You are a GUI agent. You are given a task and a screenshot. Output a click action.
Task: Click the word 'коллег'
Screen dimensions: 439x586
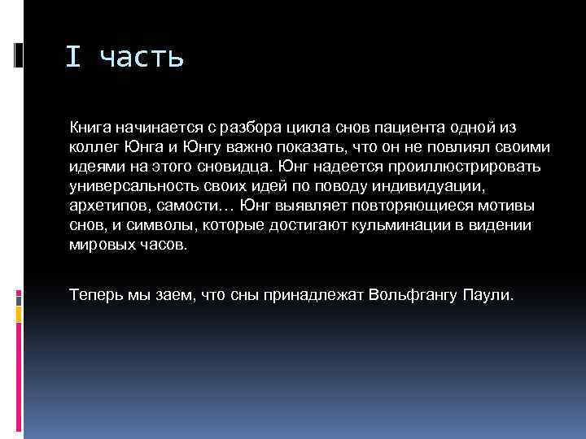90,146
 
